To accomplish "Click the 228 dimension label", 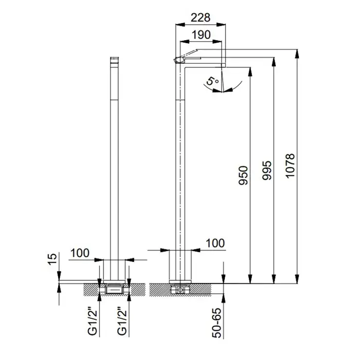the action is pos(201,17).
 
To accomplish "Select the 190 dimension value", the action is pos(201,35).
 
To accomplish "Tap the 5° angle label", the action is pos(212,81).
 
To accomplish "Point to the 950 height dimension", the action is pos(243,175).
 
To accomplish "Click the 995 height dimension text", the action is pos(267,170).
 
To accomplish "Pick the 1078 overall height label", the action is pos(290,166).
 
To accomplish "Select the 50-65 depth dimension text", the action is pos(217,323).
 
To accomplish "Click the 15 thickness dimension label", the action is pos(52,259).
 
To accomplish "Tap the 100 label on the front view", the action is pos(80,253).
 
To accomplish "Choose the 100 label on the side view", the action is pos(215,243).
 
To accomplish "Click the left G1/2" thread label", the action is pos(93,323).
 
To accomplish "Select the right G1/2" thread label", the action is pos(122,323).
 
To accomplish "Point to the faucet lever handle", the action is pos(187,56).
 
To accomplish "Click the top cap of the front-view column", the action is pos(114,60).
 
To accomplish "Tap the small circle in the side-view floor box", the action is pos(181,290).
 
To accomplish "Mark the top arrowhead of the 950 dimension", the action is pos(250,72).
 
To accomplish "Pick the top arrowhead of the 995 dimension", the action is pos(274,62).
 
